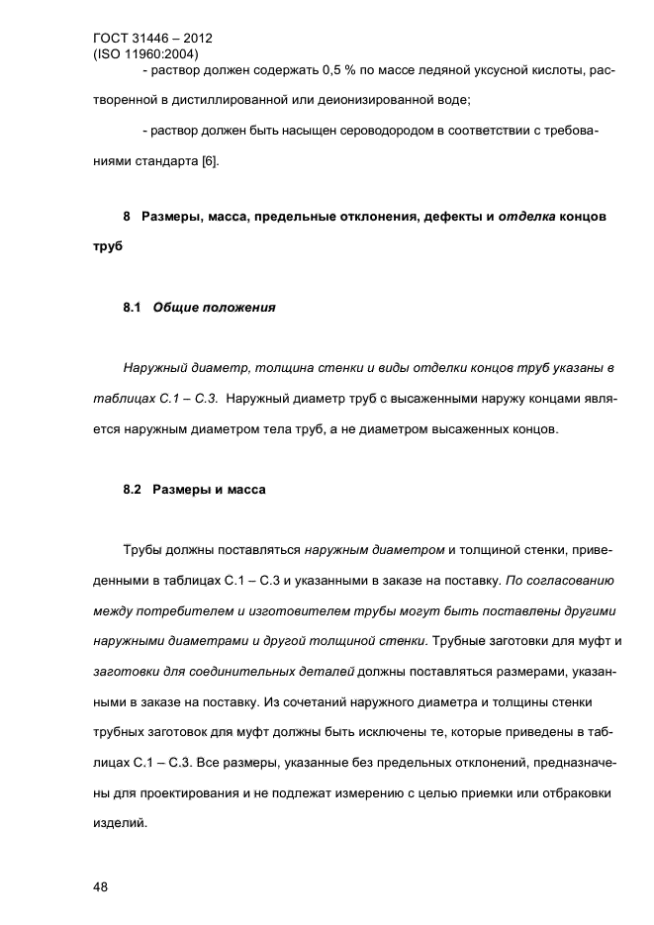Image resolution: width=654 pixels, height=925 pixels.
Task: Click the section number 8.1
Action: coord(134,308)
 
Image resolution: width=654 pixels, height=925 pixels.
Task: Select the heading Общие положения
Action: coord(214,308)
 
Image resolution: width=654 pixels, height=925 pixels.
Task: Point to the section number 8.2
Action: coord(134,490)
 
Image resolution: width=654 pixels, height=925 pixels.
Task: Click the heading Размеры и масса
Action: coord(209,490)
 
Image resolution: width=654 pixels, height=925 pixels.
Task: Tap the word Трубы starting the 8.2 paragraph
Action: coord(143,551)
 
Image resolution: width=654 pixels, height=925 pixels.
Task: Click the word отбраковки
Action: coord(574,792)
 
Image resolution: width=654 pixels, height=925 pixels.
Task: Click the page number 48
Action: coord(100,887)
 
